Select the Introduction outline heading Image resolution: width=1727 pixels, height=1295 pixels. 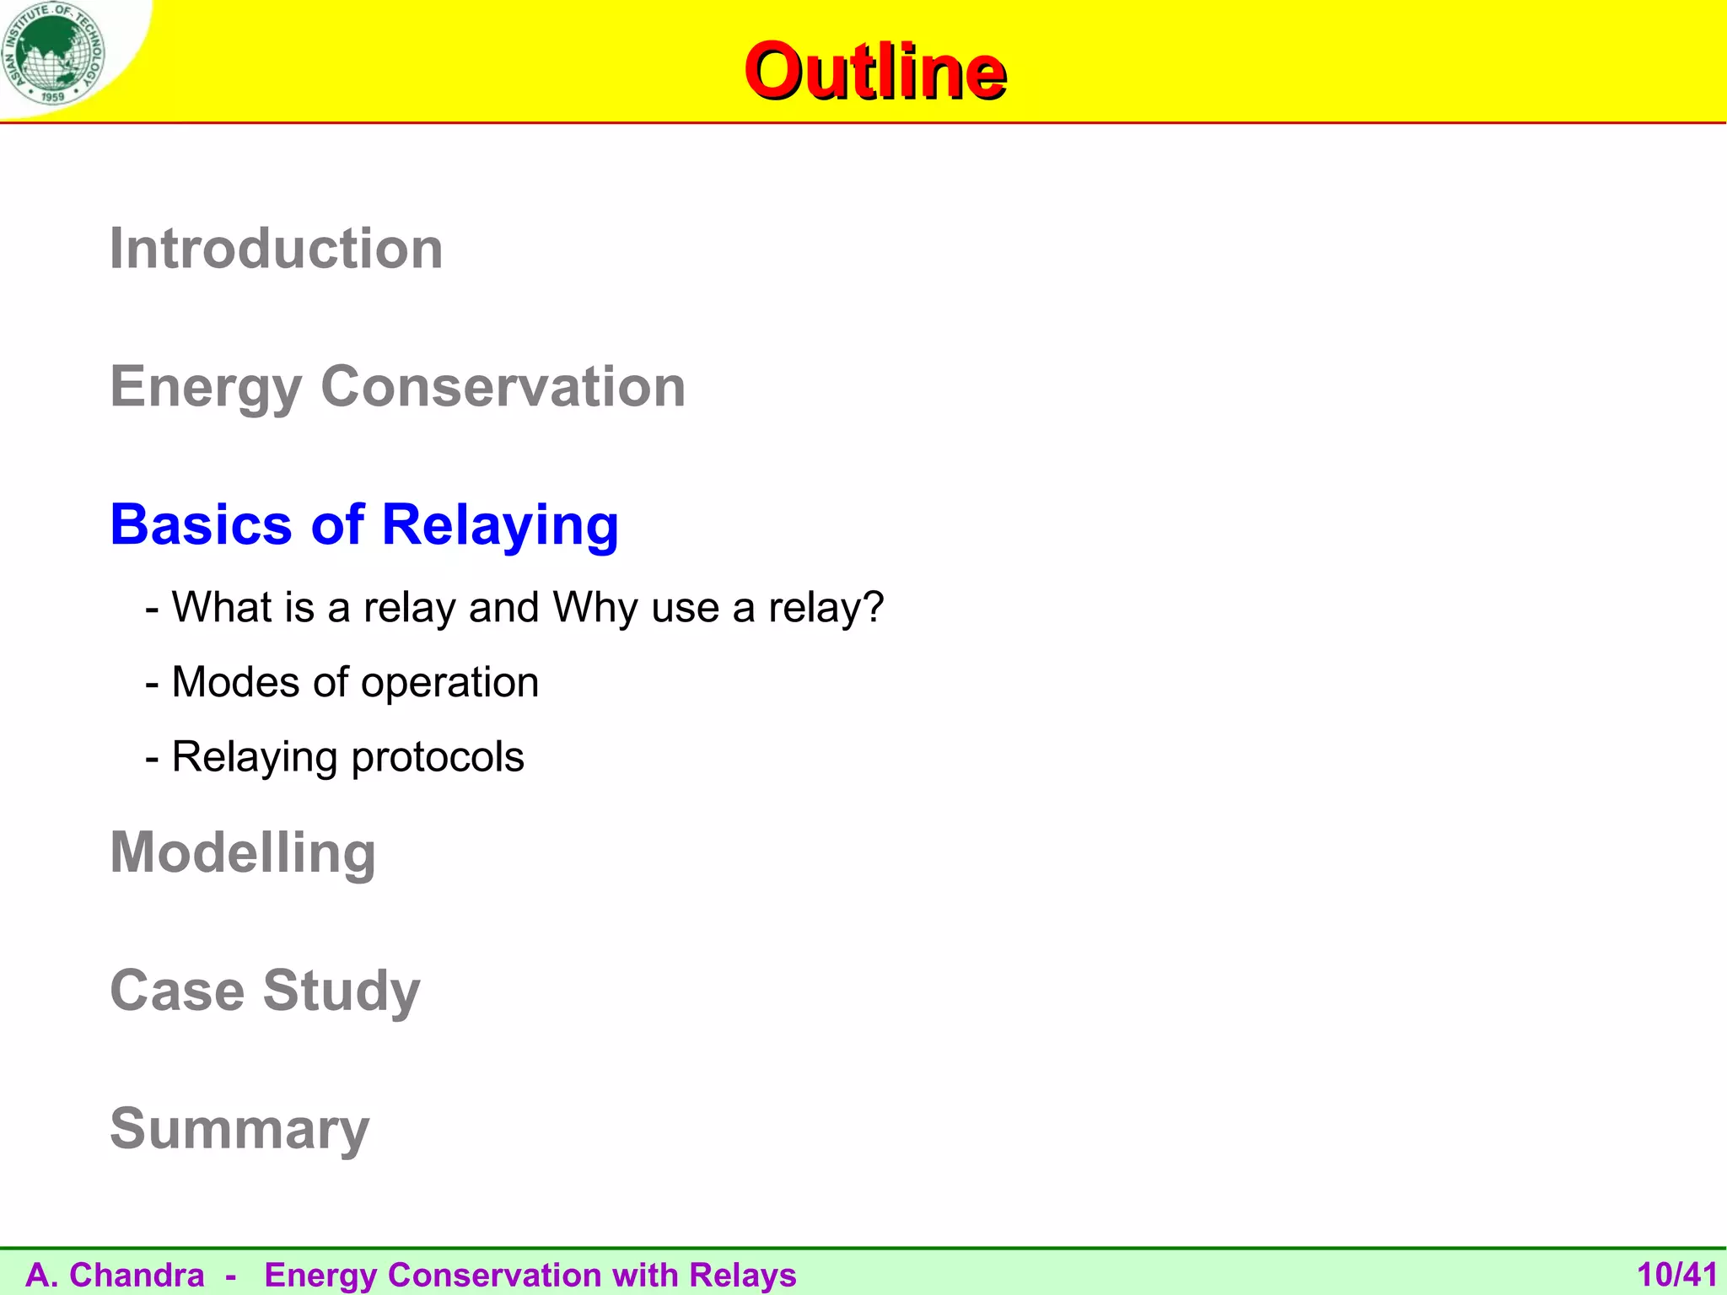(276, 249)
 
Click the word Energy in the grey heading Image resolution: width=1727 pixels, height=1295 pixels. (206, 388)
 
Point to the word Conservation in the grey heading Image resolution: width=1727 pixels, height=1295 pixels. (503, 387)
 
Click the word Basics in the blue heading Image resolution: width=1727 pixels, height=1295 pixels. (202, 524)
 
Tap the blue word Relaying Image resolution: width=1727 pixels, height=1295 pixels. (500, 526)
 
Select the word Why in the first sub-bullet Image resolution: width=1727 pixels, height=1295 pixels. (595, 608)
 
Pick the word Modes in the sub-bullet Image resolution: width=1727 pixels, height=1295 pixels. (235, 682)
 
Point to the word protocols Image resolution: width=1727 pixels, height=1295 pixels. (438, 757)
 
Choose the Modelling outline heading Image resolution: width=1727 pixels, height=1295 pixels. (243, 853)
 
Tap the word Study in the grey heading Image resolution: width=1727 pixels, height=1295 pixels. (342, 991)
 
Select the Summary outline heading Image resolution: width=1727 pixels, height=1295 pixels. (239, 1129)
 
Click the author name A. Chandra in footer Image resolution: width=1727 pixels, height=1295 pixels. (116, 1275)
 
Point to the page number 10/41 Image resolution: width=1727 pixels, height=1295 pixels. (1676, 1275)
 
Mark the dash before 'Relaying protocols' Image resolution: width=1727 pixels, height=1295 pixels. (153, 758)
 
